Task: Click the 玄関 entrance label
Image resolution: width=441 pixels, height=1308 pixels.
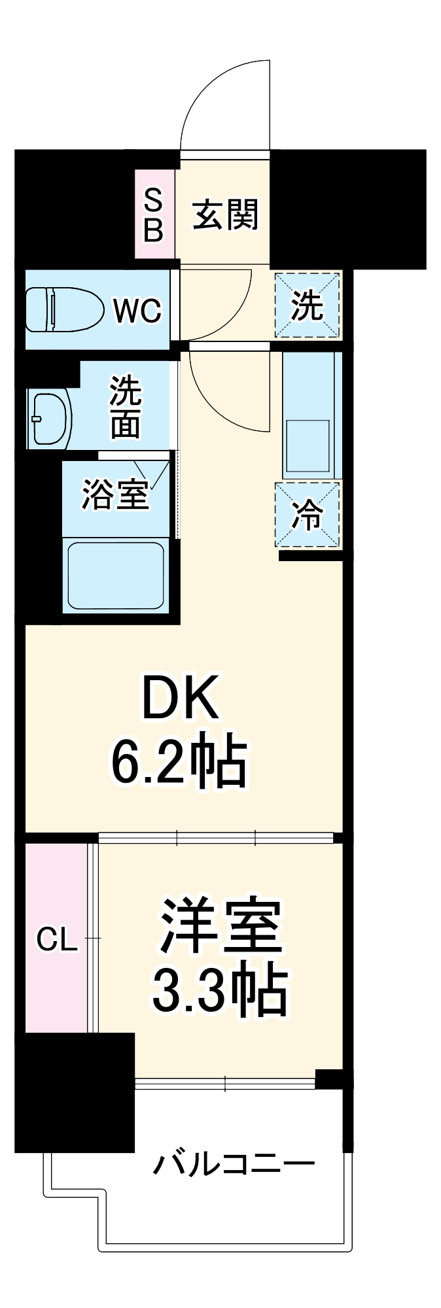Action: (x=225, y=214)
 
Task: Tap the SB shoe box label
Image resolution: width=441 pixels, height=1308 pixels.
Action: (x=153, y=214)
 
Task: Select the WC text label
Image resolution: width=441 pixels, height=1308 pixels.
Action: (x=137, y=310)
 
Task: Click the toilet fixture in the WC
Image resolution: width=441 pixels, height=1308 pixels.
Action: (x=64, y=309)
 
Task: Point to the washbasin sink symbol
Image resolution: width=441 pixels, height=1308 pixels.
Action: (x=50, y=419)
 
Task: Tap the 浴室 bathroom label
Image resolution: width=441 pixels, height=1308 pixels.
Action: (x=115, y=494)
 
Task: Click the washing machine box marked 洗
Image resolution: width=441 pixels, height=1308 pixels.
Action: (x=307, y=305)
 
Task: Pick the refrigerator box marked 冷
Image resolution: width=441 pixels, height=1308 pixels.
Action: (x=307, y=514)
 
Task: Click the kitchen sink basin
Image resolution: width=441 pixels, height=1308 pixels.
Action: (x=308, y=446)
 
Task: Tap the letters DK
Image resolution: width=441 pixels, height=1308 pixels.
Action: (x=180, y=698)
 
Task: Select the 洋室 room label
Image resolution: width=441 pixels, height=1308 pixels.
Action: (x=221, y=926)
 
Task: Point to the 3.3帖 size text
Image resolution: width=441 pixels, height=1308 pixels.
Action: (x=220, y=990)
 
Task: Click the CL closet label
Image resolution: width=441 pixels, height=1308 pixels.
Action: (x=56, y=940)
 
